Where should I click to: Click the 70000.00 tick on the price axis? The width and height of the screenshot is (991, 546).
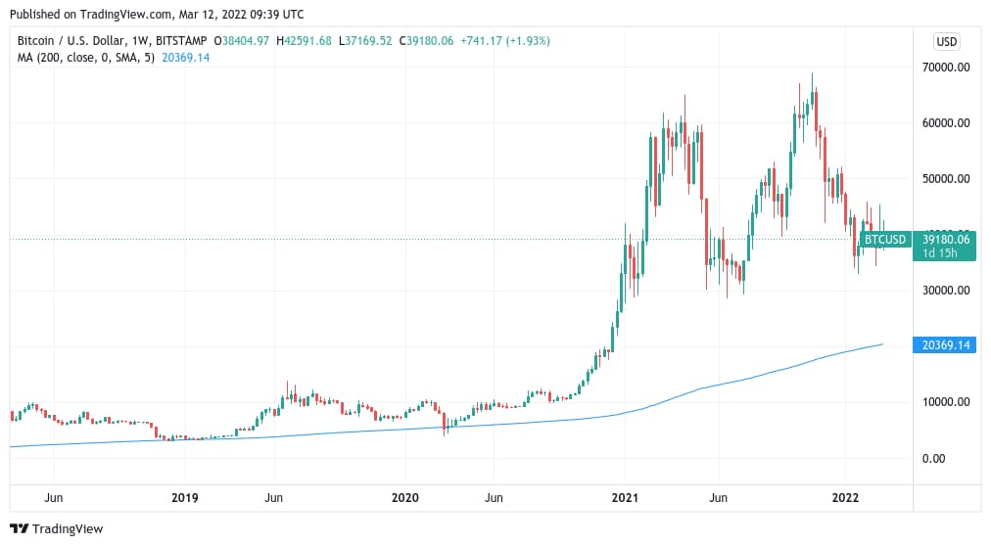coord(945,68)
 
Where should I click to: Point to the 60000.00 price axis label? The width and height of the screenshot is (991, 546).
coord(945,123)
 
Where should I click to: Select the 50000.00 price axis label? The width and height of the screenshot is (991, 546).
coord(945,179)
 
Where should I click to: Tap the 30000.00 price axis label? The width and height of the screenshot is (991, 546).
coord(945,291)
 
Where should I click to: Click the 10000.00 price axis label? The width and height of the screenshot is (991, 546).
coord(945,402)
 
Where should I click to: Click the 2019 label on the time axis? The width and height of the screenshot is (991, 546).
coord(185,498)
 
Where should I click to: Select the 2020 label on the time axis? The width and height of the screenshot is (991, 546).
coord(405,498)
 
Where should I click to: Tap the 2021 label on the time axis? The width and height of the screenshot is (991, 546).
coord(626,498)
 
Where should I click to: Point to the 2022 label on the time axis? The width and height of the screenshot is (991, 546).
coord(846,498)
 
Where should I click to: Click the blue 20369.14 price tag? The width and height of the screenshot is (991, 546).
coord(944,345)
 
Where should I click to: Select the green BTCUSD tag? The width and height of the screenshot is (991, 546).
coord(885,239)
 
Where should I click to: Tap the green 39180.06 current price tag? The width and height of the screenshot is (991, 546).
coord(944,239)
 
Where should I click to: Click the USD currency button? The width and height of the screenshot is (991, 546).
coord(946,41)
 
